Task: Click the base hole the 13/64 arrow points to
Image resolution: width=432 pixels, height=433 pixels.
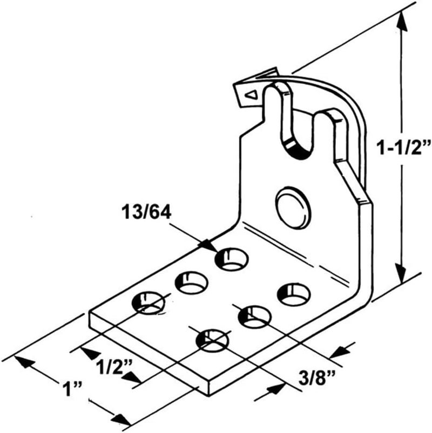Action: (x=232, y=259)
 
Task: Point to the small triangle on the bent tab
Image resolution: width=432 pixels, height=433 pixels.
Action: (x=251, y=95)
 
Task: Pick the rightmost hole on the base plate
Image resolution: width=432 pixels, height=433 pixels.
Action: (x=294, y=293)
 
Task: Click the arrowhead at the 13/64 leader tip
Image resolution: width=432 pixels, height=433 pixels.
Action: (x=208, y=245)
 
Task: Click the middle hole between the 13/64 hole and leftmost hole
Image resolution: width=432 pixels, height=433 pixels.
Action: (x=192, y=282)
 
